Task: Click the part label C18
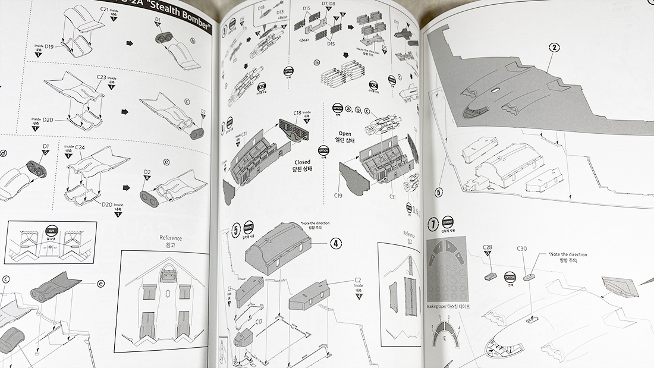[x=297, y=112]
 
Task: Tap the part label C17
[x=259, y=322]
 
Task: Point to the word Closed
[x=302, y=161]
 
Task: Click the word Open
[x=346, y=133]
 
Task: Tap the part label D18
[x=261, y=8]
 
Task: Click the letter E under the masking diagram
[x=444, y=339]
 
